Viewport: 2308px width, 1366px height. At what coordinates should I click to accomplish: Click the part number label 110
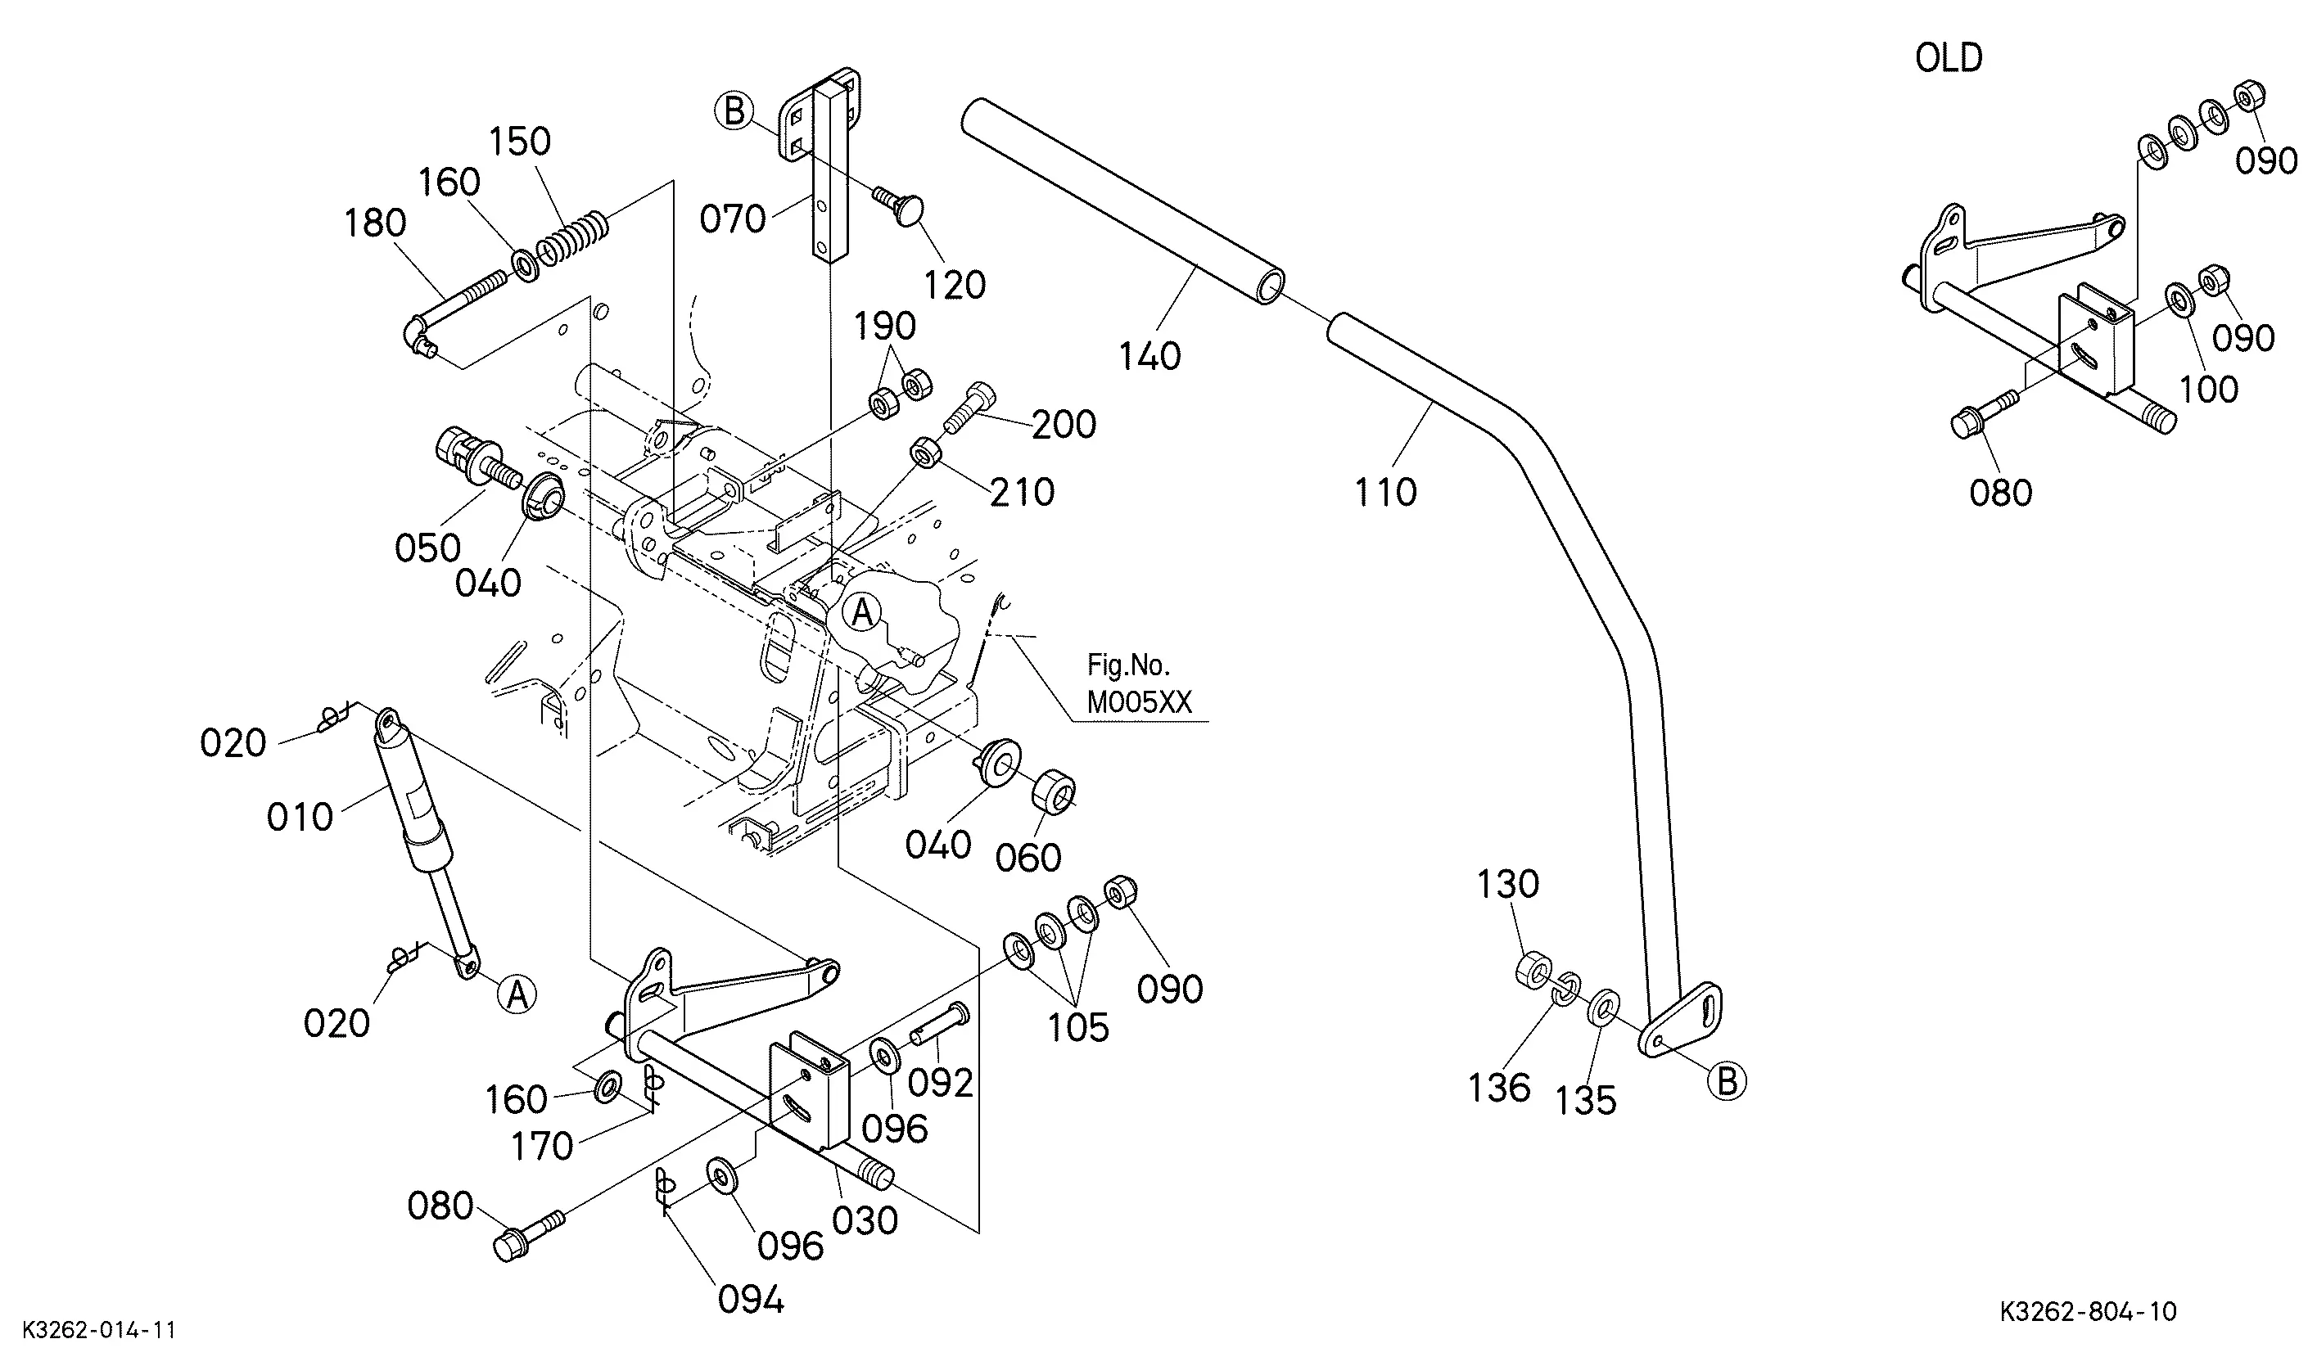click(1384, 493)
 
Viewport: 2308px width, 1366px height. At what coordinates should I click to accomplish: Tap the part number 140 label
click(1149, 356)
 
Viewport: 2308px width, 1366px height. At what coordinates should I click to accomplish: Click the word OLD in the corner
click(1949, 58)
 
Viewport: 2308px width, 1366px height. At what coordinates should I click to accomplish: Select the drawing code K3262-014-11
click(99, 1330)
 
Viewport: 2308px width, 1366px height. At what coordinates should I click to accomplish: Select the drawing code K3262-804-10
click(2088, 1312)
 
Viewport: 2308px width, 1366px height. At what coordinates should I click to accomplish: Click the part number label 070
click(732, 219)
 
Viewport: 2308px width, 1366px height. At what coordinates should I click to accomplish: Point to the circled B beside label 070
click(734, 111)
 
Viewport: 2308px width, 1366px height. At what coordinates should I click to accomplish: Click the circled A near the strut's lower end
click(517, 995)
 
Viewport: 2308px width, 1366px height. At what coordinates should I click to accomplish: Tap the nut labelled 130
click(1532, 972)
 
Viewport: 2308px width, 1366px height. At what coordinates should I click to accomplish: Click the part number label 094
click(750, 1300)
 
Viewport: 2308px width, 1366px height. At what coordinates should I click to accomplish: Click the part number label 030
click(865, 1220)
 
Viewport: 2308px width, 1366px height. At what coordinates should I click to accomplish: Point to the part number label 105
click(1078, 1028)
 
